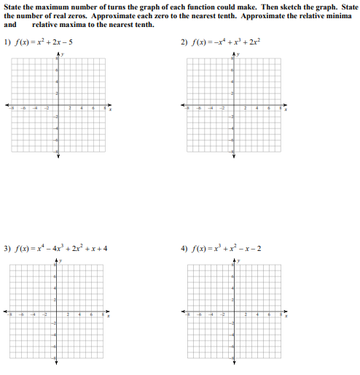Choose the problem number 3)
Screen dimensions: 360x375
8,248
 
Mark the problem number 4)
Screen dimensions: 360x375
185,248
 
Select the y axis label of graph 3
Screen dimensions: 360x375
63,260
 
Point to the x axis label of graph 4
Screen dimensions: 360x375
286,317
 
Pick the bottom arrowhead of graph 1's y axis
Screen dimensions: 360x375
59,156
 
